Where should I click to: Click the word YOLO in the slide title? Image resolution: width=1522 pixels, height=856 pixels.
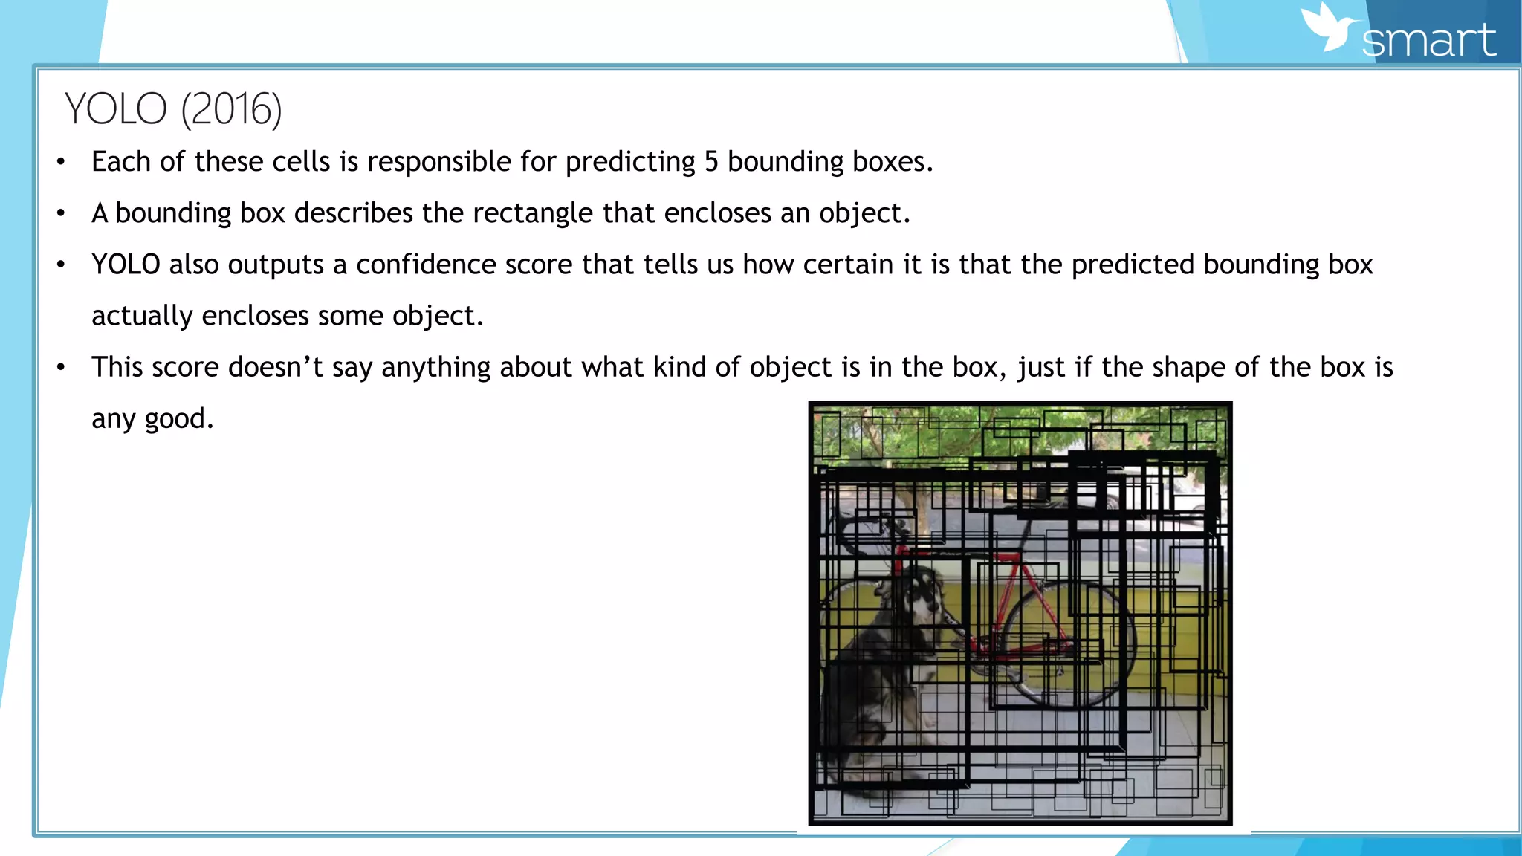tap(115, 108)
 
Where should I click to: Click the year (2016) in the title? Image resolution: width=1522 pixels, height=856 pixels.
tap(231, 108)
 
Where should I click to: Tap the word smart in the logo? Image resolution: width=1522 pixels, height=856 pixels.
tap(1428, 41)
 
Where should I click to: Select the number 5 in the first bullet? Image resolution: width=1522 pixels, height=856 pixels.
tap(711, 161)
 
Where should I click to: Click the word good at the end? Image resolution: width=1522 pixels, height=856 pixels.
tap(178, 420)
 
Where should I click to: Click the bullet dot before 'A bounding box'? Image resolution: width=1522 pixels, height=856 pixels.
tap(61, 214)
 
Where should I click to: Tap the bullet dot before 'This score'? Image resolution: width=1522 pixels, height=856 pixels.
tap(61, 367)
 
